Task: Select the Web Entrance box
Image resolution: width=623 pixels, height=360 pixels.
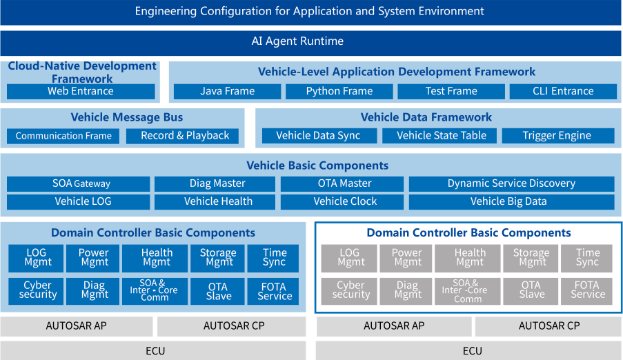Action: [x=81, y=92]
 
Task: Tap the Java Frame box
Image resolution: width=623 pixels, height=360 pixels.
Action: [x=227, y=92]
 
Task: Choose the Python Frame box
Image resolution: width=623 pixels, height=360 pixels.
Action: [x=339, y=92]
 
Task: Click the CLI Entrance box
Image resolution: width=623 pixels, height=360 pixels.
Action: [x=563, y=92]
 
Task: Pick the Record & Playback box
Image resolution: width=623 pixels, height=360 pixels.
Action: [x=182, y=136]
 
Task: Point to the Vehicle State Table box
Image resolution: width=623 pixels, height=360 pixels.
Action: [x=439, y=136]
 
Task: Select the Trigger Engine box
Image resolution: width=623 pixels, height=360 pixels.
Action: [x=558, y=136]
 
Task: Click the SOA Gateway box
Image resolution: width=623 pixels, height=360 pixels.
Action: [x=78, y=184]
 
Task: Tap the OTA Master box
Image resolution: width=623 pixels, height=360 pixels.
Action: [x=342, y=184]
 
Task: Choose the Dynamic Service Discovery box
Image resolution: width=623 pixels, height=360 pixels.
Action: [x=512, y=184]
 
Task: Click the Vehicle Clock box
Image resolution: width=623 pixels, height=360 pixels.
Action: [x=342, y=202]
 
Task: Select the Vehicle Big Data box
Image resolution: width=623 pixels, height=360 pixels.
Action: [x=512, y=202]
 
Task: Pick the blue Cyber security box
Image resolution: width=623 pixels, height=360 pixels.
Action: [x=36, y=291]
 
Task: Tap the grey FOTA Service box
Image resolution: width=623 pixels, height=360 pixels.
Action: [x=586, y=291]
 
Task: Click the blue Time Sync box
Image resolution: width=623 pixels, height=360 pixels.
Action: [x=273, y=259]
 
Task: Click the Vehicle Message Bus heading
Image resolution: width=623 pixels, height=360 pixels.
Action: [x=127, y=117]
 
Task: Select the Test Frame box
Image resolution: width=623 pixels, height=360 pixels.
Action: [x=451, y=92]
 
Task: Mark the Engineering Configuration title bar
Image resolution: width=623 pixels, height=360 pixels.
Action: [x=310, y=12]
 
